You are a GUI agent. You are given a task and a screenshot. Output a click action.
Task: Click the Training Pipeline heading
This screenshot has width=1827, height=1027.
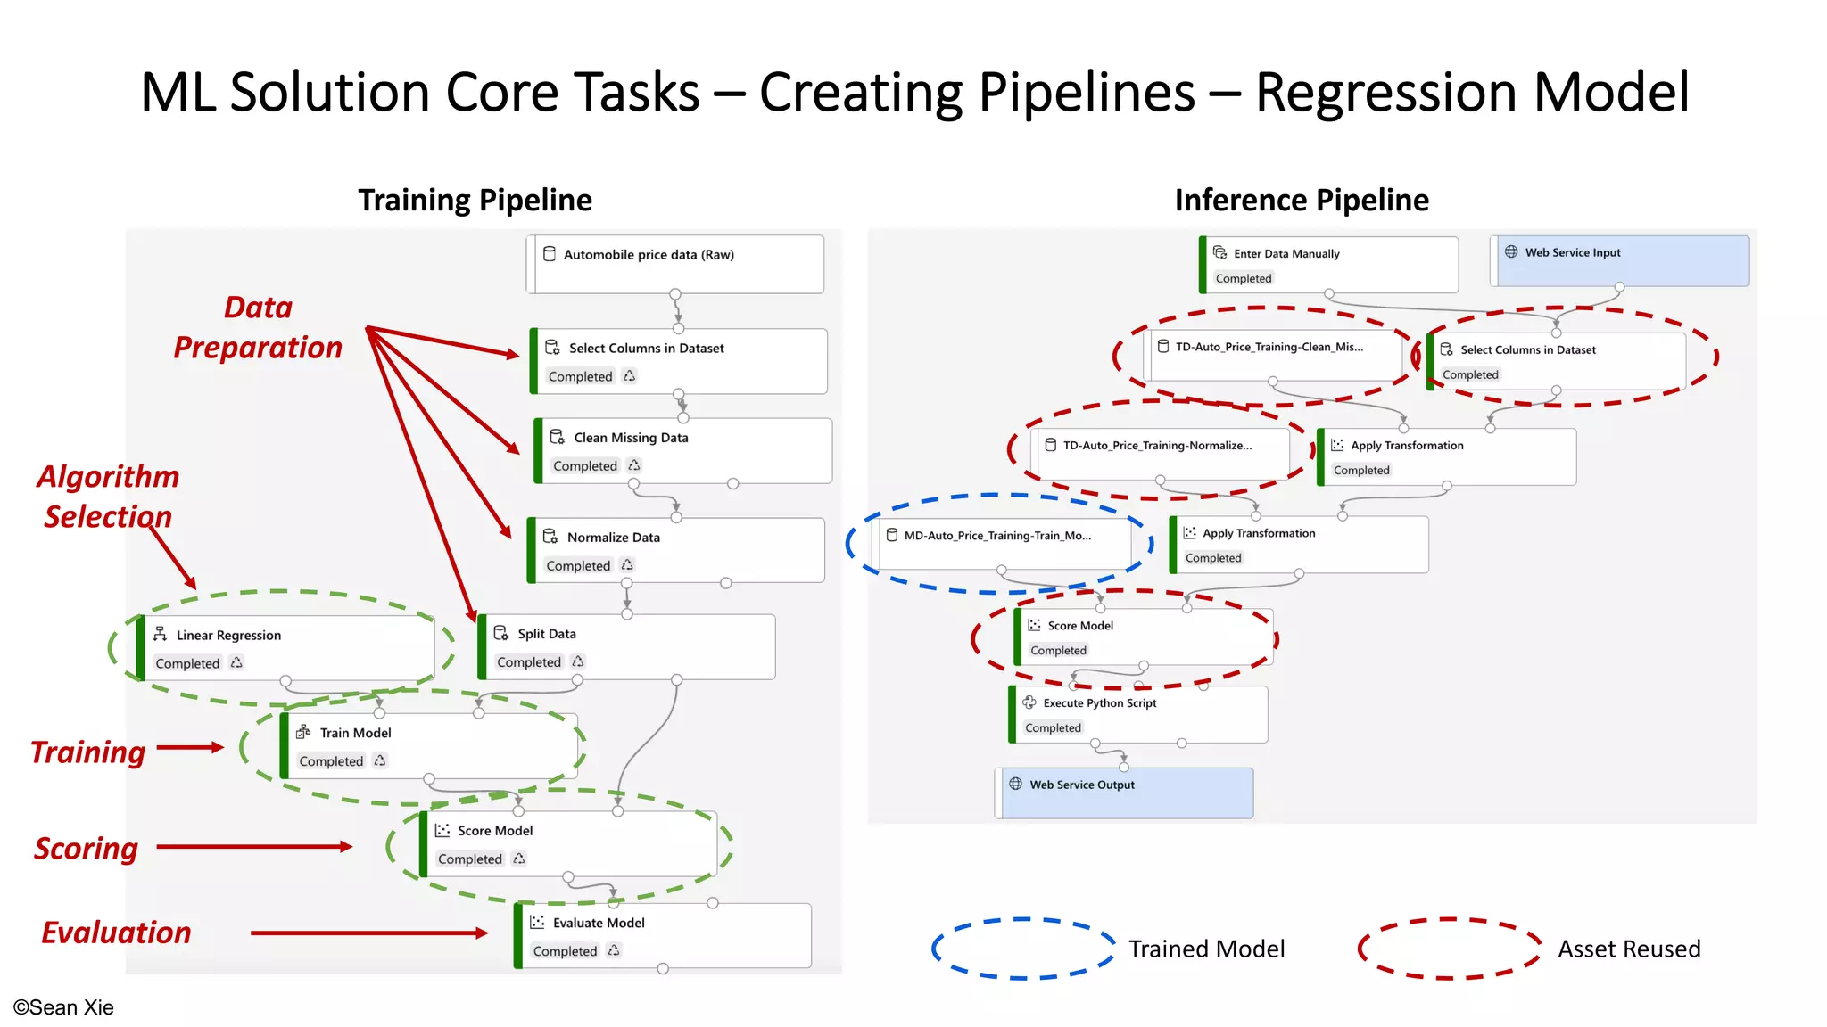click(x=475, y=201)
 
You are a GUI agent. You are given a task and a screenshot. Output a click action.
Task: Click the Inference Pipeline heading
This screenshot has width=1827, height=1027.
click(x=1301, y=201)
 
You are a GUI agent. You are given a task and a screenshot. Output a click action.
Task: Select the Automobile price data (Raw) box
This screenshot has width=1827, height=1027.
click(x=675, y=264)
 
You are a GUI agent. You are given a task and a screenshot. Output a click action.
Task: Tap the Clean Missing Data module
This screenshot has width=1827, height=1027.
click(x=683, y=450)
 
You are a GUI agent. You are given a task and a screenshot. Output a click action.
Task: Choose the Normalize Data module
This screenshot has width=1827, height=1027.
click(x=676, y=550)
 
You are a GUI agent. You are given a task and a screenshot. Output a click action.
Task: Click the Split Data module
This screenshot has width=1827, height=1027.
click(x=626, y=646)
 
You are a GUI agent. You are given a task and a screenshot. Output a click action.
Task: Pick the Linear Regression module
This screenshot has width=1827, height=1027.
click(x=285, y=647)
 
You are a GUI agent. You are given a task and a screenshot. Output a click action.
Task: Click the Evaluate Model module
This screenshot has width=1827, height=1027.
click(x=663, y=935)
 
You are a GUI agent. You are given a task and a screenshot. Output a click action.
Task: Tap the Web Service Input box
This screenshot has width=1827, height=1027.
click(x=1620, y=260)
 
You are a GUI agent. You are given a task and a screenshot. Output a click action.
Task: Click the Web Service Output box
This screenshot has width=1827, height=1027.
click(x=1124, y=793)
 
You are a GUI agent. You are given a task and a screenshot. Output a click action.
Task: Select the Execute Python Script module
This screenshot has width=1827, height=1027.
click(x=1138, y=714)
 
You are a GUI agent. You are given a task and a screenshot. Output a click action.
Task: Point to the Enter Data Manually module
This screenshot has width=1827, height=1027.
click(x=1329, y=265)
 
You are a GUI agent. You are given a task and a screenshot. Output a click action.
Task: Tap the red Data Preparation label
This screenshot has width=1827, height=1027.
click(x=258, y=327)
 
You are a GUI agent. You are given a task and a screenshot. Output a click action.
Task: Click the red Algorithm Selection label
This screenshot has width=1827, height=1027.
click(x=108, y=497)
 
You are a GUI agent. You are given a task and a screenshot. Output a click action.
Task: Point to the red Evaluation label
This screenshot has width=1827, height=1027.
click(x=116, y=933)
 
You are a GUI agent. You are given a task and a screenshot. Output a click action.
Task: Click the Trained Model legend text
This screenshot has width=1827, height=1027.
click(x=1206, y=949)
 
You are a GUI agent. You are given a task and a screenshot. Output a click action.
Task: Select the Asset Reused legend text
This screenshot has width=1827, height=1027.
click(x=1628, y=949)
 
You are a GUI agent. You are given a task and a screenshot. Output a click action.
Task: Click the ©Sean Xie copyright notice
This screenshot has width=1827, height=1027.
click(x=63, y=1007)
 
